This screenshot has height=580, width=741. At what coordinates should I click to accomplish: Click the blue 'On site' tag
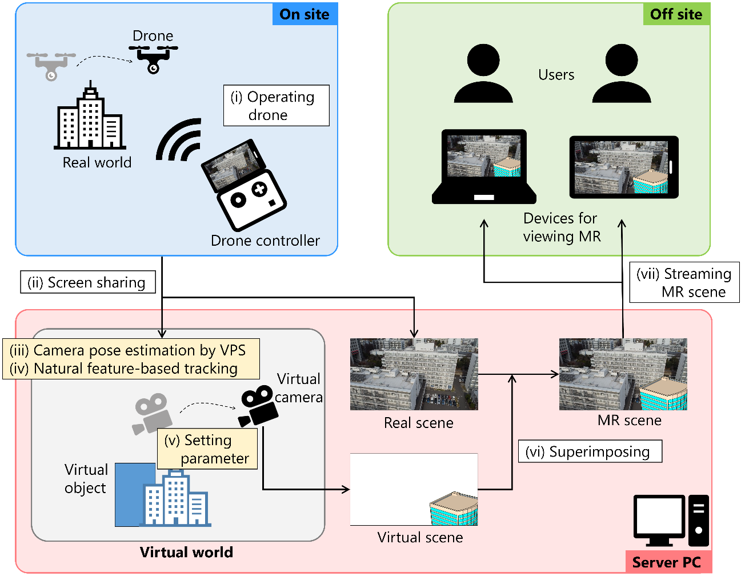305,14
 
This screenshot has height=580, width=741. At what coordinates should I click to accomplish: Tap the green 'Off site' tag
676,14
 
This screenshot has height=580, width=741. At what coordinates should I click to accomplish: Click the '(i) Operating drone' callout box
276,106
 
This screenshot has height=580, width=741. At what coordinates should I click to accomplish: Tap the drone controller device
244,184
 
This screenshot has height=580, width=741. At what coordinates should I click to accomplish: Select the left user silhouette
483,74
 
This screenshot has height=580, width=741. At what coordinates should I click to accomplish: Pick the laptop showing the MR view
484,166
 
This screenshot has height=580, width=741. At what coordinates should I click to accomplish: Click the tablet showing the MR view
624,167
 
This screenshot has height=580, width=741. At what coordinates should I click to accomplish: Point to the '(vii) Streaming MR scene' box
684,282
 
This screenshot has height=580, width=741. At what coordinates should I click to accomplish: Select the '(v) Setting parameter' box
207,449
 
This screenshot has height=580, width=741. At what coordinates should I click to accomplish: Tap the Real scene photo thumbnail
414,374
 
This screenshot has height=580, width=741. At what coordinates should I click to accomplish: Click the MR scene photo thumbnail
623,374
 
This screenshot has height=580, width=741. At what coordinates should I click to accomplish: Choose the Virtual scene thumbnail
414,490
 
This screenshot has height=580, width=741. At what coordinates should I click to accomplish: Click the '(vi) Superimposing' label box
590,451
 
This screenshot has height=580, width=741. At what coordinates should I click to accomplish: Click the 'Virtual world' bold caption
186,552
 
